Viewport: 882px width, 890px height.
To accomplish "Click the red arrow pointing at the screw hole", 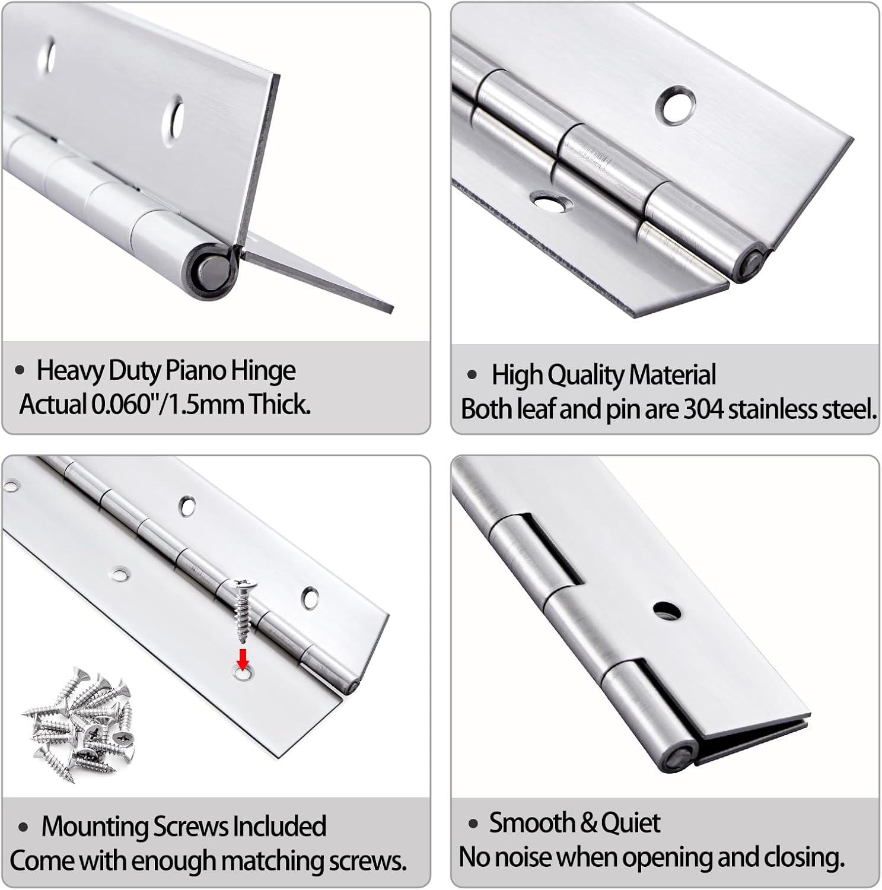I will point(242,657).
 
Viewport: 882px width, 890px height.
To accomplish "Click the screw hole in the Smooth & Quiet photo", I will point(667,609).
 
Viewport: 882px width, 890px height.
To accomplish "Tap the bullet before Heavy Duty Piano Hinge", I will point(20,371).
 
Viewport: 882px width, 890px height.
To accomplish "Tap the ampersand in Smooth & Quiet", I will point(588,823).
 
